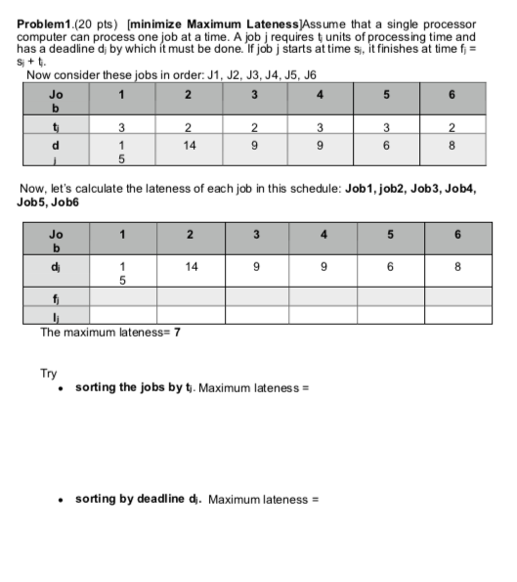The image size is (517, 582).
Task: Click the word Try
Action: coord(49,373)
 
